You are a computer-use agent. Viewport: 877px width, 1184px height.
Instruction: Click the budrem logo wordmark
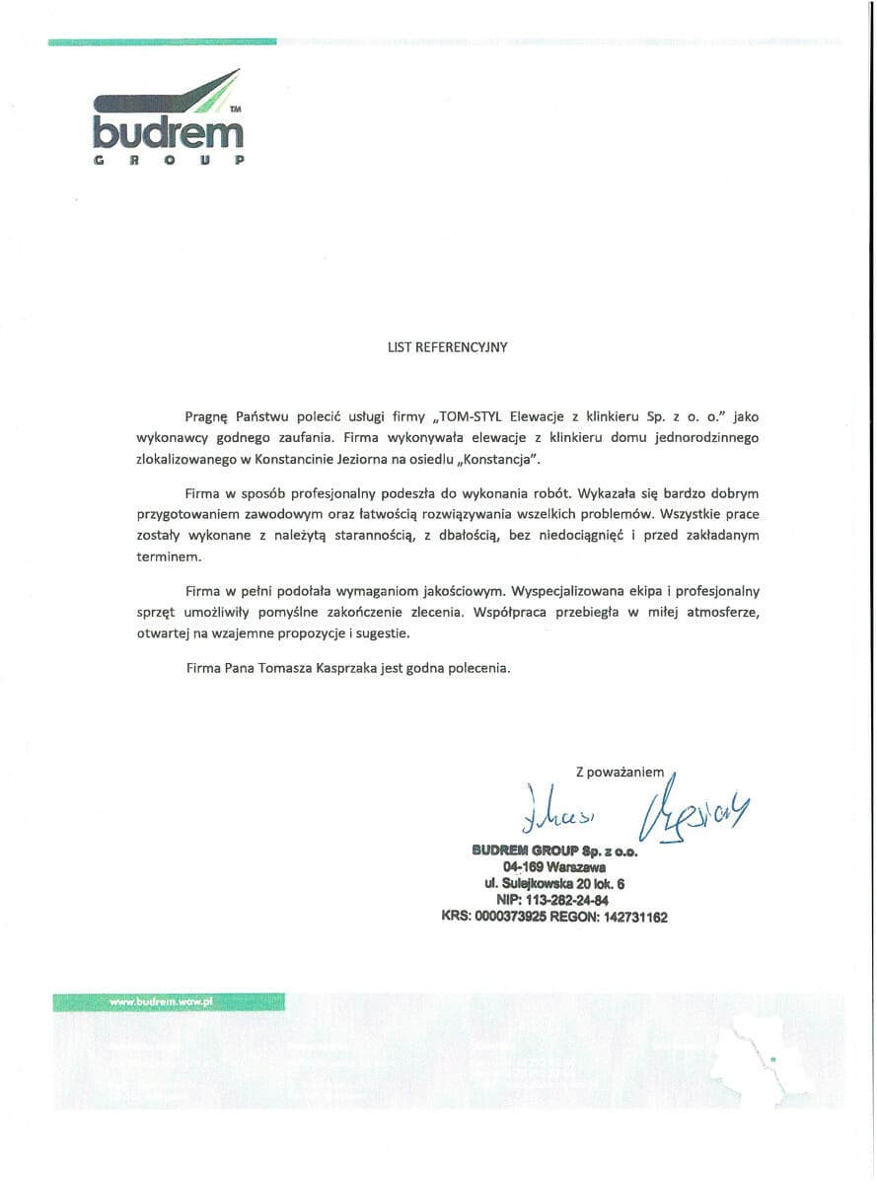[168, 132]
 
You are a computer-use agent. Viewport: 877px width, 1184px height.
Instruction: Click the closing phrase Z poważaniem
[620, 772]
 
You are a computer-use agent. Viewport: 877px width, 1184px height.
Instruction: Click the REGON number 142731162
[633, 918]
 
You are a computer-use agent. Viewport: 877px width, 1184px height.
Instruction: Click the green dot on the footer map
[774, 1060]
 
